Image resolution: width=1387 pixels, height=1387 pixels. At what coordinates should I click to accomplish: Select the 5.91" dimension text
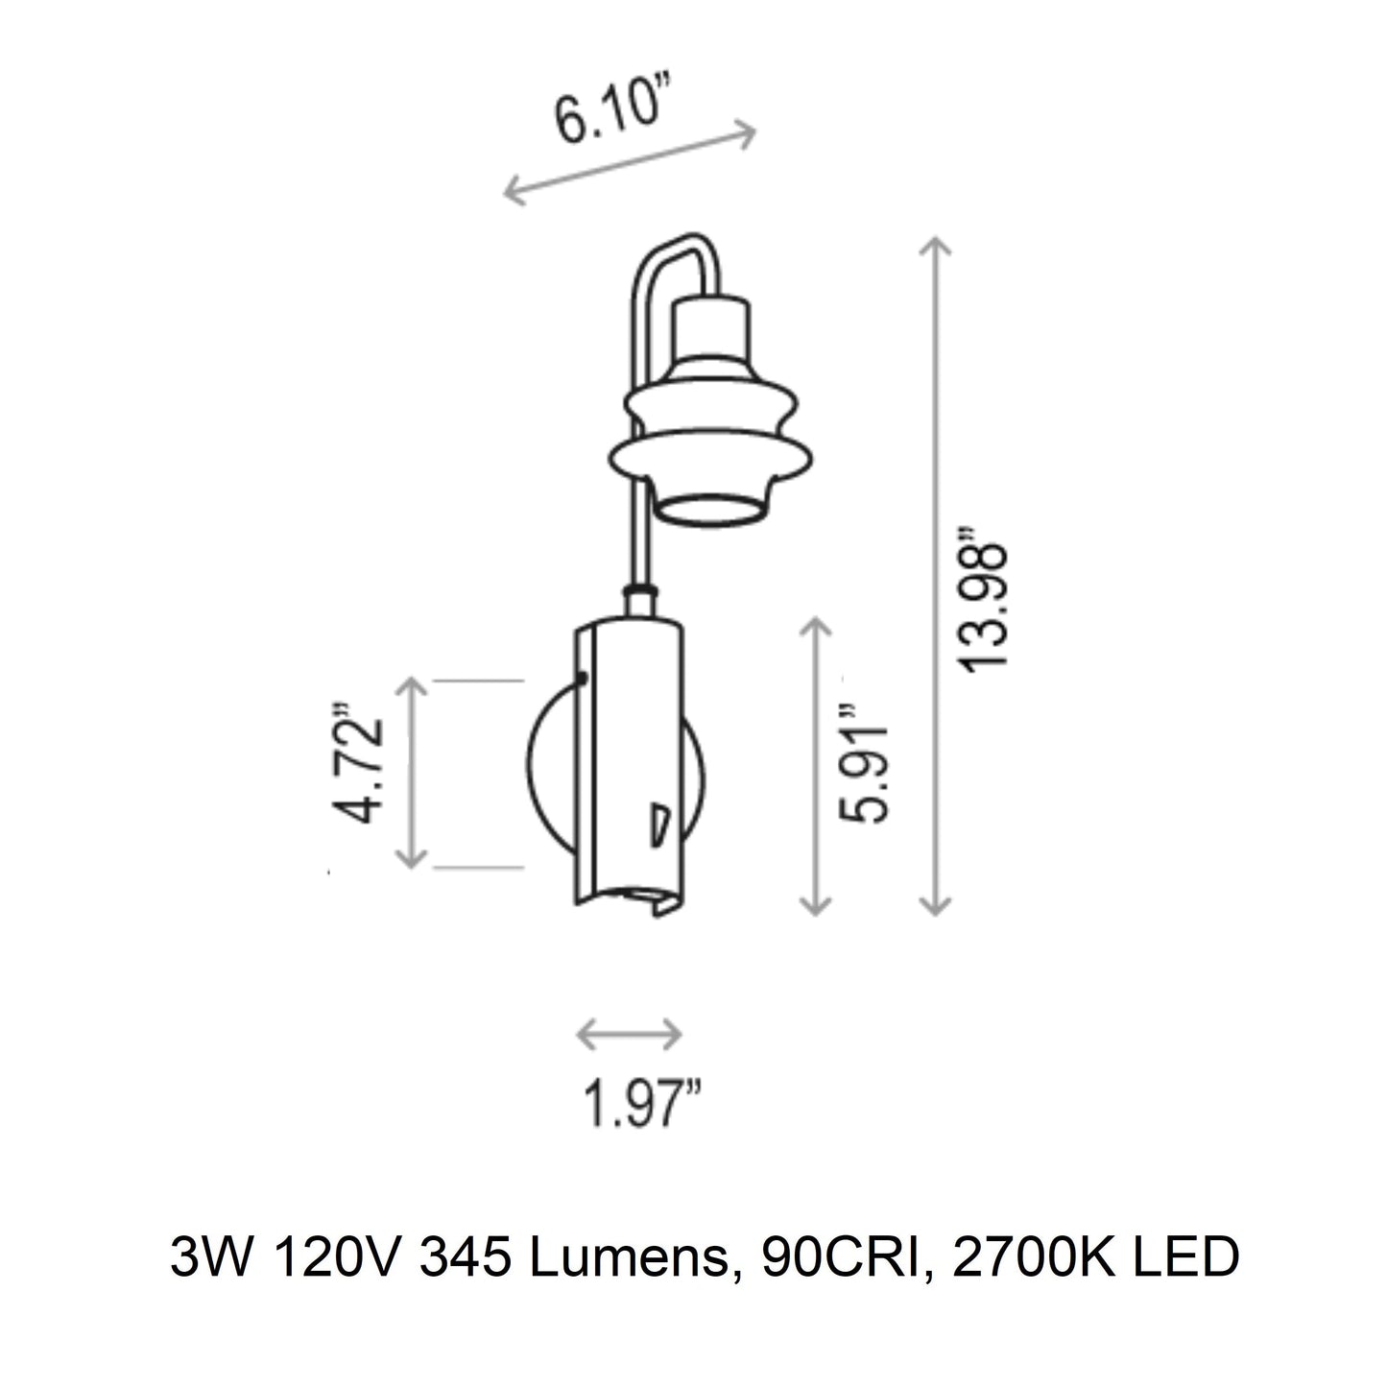coord(865,768)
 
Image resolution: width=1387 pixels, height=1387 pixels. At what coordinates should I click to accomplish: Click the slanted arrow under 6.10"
coord(630,163)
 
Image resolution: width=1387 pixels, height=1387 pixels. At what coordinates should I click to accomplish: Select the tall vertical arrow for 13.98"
coord(935,576)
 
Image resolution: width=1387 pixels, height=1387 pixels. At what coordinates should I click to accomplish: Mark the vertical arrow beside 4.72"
coord(412,773)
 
